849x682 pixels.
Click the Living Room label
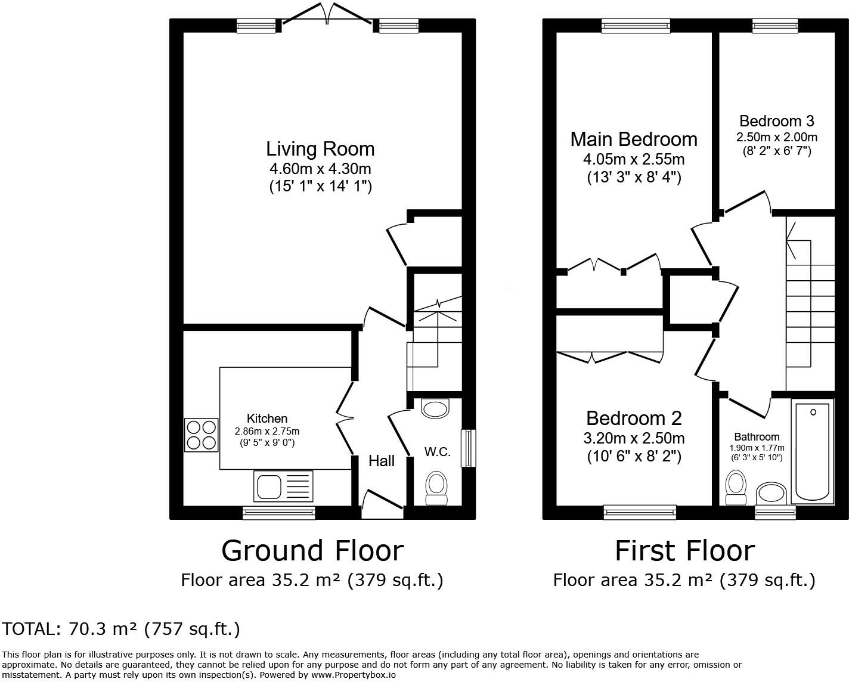(320, 149)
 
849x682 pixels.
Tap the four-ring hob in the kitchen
(201, 435)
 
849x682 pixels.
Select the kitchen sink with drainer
(283, 486)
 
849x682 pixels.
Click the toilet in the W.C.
(436, 488)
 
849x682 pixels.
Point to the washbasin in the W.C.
(436, 408)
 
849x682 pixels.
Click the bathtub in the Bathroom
(813, 451)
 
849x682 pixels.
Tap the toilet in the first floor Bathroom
(736, 488)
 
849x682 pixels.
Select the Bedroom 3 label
(776, 120)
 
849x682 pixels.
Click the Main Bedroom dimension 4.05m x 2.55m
(634, 159)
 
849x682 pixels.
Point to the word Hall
(382, 461)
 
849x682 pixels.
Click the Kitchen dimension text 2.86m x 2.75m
(267, 431)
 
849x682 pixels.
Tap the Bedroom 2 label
(634, 418)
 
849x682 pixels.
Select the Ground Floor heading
(312, 551)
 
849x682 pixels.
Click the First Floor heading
(685, 551)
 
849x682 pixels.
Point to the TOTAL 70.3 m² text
(120, 629)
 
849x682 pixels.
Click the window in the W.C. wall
(469, 448)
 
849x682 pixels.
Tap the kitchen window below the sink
(278, 512)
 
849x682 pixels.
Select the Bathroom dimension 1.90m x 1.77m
(757, 448)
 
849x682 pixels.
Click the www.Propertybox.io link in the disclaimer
(354, 675)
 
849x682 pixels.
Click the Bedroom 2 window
(640, 512)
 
